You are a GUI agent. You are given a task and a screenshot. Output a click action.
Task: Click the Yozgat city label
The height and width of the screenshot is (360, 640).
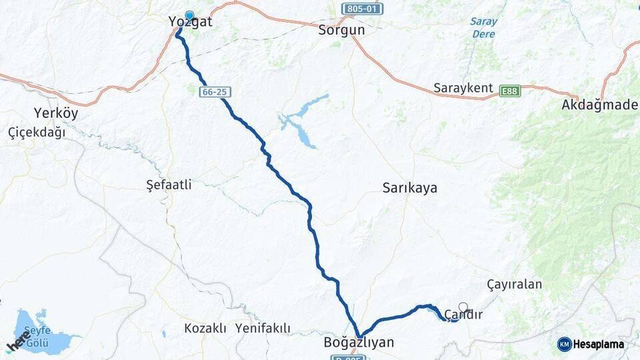click(191, 23)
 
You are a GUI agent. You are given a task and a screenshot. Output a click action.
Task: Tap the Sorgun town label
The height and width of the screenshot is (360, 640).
click(341, 30)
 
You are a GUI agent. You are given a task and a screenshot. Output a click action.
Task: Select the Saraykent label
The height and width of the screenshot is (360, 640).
click(463, 88)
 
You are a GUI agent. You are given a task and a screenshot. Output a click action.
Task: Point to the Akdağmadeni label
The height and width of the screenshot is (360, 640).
click(600, 105)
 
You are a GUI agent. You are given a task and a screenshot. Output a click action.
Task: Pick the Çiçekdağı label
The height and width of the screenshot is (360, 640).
click(37, 132)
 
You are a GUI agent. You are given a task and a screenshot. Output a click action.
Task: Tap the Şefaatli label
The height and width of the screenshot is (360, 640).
click(169, 185)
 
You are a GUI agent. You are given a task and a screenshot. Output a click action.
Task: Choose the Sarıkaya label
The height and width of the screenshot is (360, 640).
click(409, 188)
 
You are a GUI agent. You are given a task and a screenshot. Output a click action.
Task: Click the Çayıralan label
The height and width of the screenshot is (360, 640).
click(514, 285)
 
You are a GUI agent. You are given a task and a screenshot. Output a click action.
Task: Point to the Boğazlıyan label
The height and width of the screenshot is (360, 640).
click(358, 343)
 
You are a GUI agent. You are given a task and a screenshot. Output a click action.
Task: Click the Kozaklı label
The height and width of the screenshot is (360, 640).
click(205, 328)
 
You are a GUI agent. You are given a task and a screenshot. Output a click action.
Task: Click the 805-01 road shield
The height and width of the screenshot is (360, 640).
click(362, 9)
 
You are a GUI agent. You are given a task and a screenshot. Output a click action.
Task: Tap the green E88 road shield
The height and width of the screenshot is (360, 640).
click(510, 89)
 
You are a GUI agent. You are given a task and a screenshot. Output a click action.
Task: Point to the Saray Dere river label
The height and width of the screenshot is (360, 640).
click(483, 27)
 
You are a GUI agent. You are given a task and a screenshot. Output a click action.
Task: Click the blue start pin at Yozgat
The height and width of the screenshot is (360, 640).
click(189, 16)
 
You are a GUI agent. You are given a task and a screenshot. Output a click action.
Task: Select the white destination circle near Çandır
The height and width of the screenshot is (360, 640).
click(463, 307)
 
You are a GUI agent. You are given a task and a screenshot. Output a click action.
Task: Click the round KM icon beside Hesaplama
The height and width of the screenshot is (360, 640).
click(565, 344)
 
